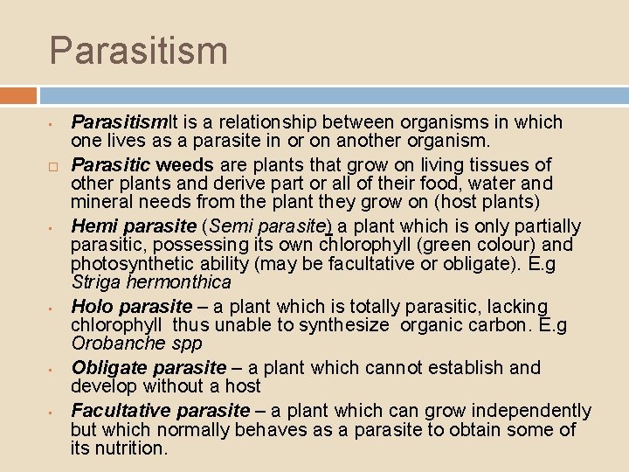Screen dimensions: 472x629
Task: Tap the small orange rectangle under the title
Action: pyautogui.click(x=18, y=95)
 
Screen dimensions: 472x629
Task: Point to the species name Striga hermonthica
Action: pyautogui.click(x=151, y=282)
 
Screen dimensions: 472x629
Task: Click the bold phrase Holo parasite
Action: pyautogui.click(x=131, y=307)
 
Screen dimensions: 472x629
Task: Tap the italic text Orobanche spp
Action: pyautogui.click(x=136, y=344)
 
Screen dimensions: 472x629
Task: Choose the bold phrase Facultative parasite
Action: pyautogui.click(x=161, y=411)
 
